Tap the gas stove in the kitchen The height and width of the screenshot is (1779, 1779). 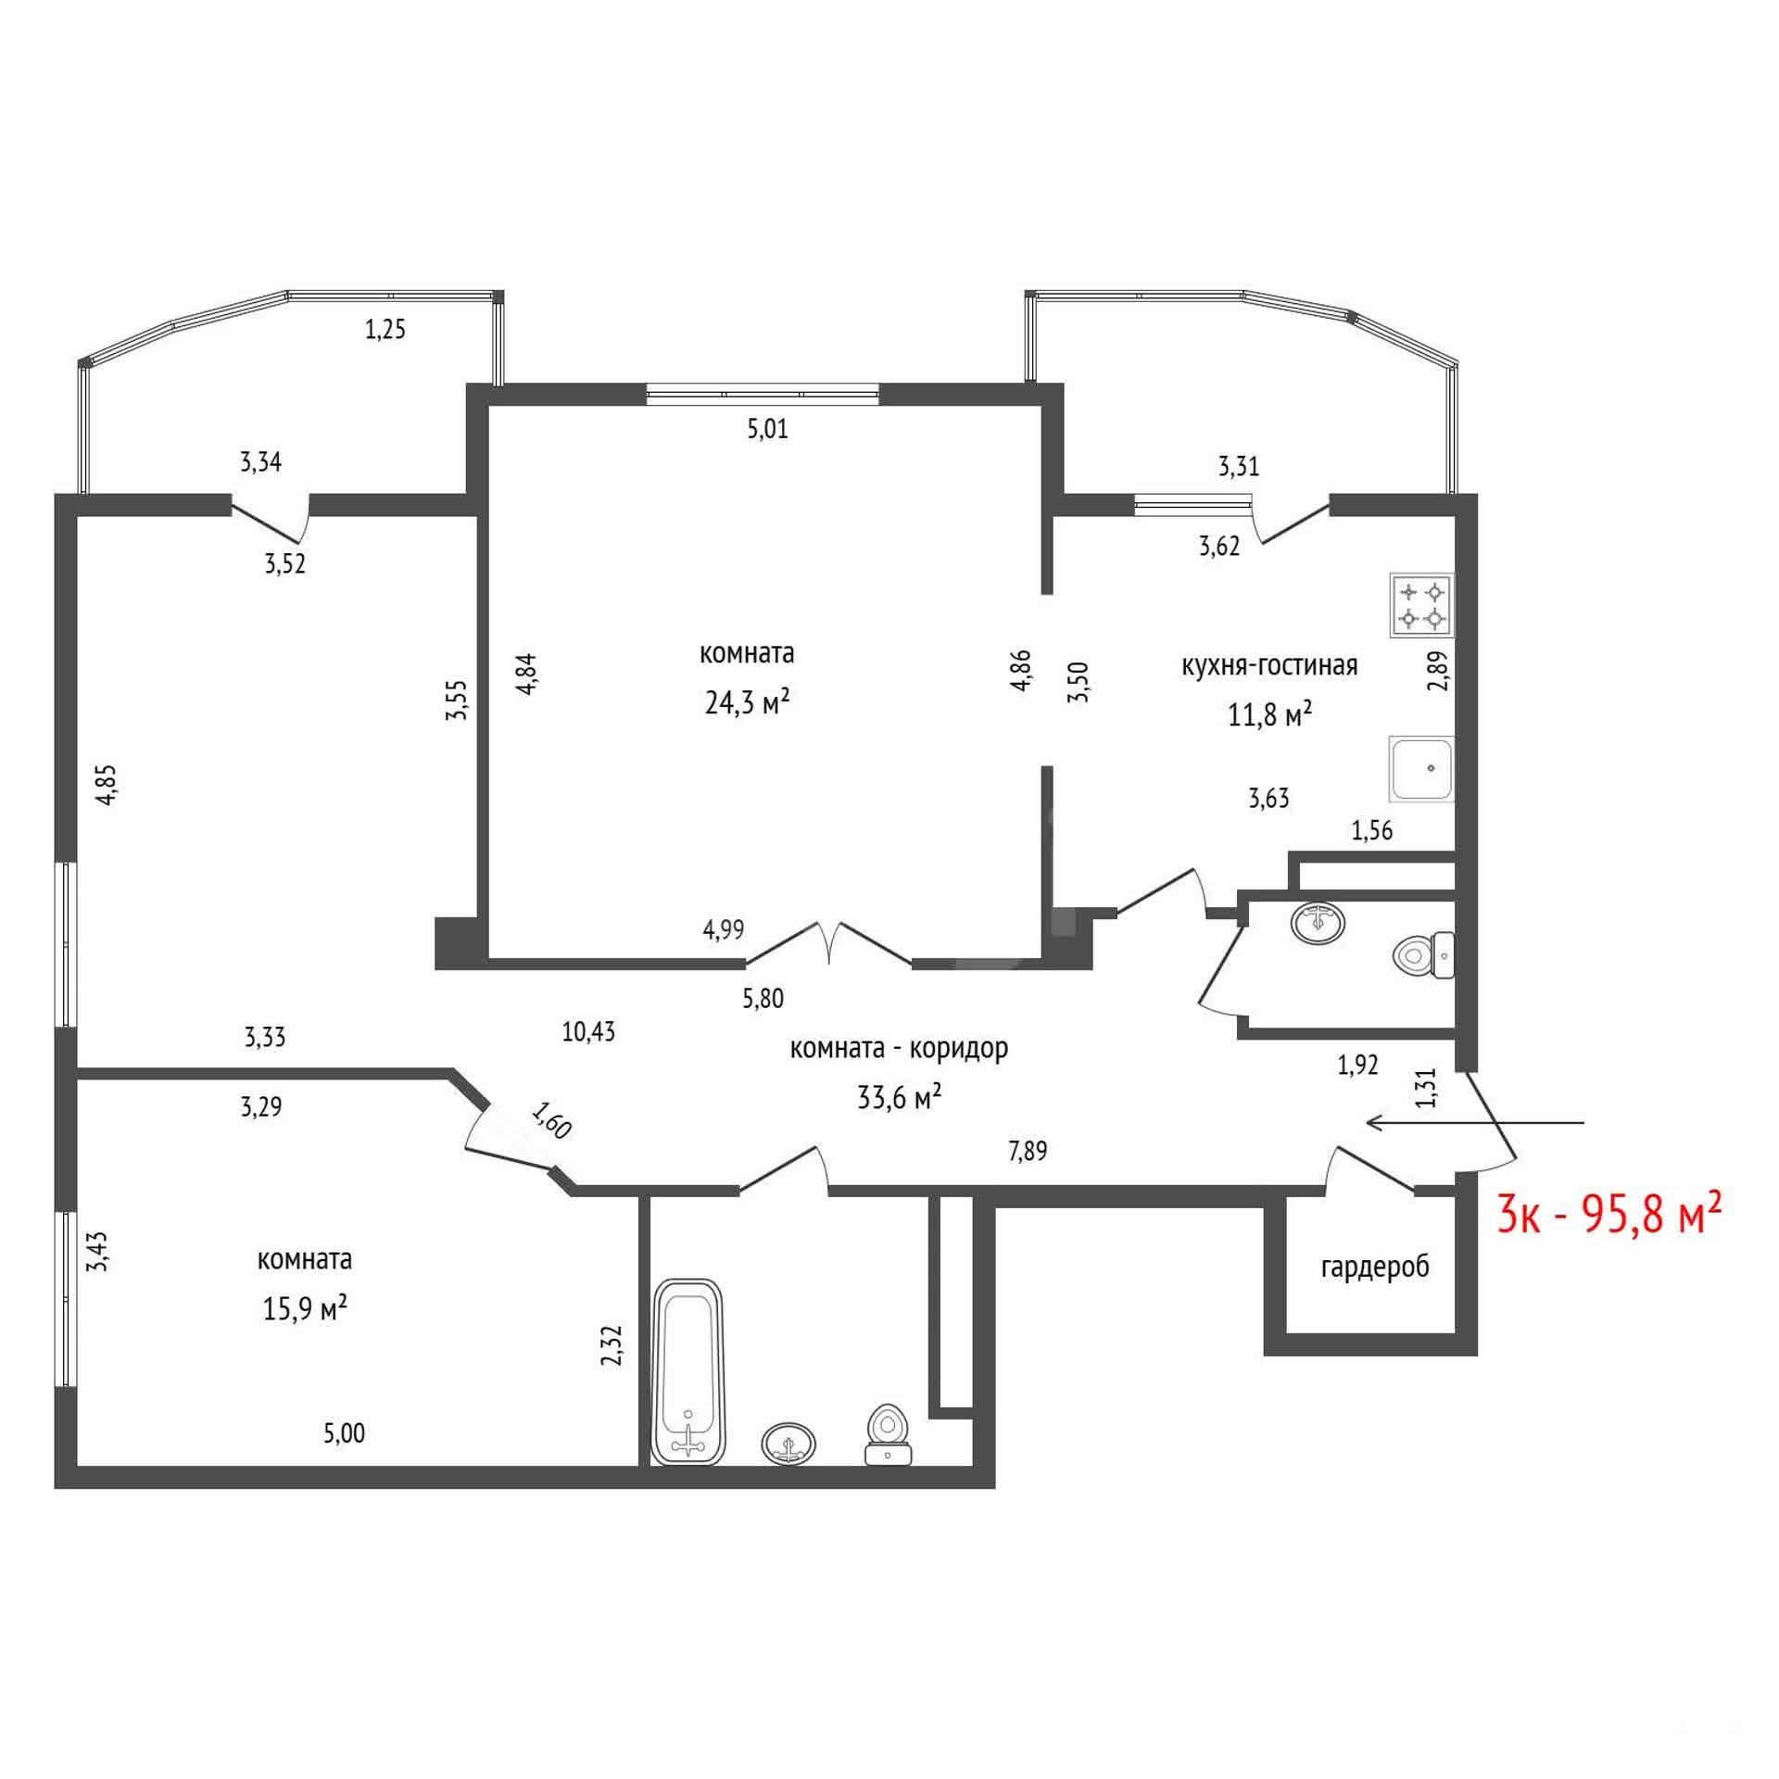tap(1421, 604)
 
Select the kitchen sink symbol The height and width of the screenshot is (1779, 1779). tap(1421, 769)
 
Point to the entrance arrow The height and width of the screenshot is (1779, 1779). tap(1476, 1123)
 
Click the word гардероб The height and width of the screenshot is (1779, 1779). tap(1375, 1267)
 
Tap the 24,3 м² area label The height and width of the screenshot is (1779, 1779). tap(747, 702)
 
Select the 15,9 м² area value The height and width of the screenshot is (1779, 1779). tap(305, 1308)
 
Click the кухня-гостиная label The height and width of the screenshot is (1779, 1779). tap(1269, 665)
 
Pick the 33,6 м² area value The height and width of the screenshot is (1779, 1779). tap(900, 1098)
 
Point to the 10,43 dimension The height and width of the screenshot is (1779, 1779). tap(588, 1031)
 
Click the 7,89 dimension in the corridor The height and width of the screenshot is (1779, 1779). tap(1028, 1152)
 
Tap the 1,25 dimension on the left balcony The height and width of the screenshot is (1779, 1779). tap(385, 329)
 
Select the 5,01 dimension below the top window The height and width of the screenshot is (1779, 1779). tap(767, 429)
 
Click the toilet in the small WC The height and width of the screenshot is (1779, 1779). tap(1424, 954)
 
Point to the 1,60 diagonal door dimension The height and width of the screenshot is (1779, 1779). tap(551, 1119)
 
